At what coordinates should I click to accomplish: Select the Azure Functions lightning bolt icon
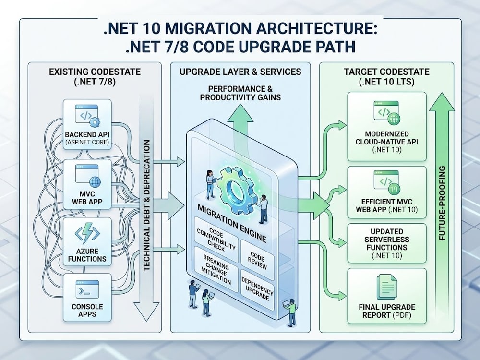[87, 233]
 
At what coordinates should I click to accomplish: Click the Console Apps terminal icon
[87, 289]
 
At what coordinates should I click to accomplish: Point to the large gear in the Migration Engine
[236, 190]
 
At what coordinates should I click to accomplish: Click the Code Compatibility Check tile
[216, 240]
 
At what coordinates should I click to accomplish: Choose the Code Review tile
[257, 260]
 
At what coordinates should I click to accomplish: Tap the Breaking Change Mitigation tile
[216, 269]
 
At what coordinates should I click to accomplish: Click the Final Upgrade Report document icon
[387, 286]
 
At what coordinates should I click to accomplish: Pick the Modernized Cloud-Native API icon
[386, 113]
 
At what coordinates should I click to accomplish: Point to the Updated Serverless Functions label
[387, 244]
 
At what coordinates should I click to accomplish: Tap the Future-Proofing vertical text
[443, 203]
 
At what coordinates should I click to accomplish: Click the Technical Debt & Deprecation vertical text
[147, 205]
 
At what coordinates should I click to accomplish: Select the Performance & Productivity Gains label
[240, 93]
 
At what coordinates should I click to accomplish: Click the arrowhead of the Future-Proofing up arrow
[442, 102]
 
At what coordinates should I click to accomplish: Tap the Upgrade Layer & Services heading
[240, 72]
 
